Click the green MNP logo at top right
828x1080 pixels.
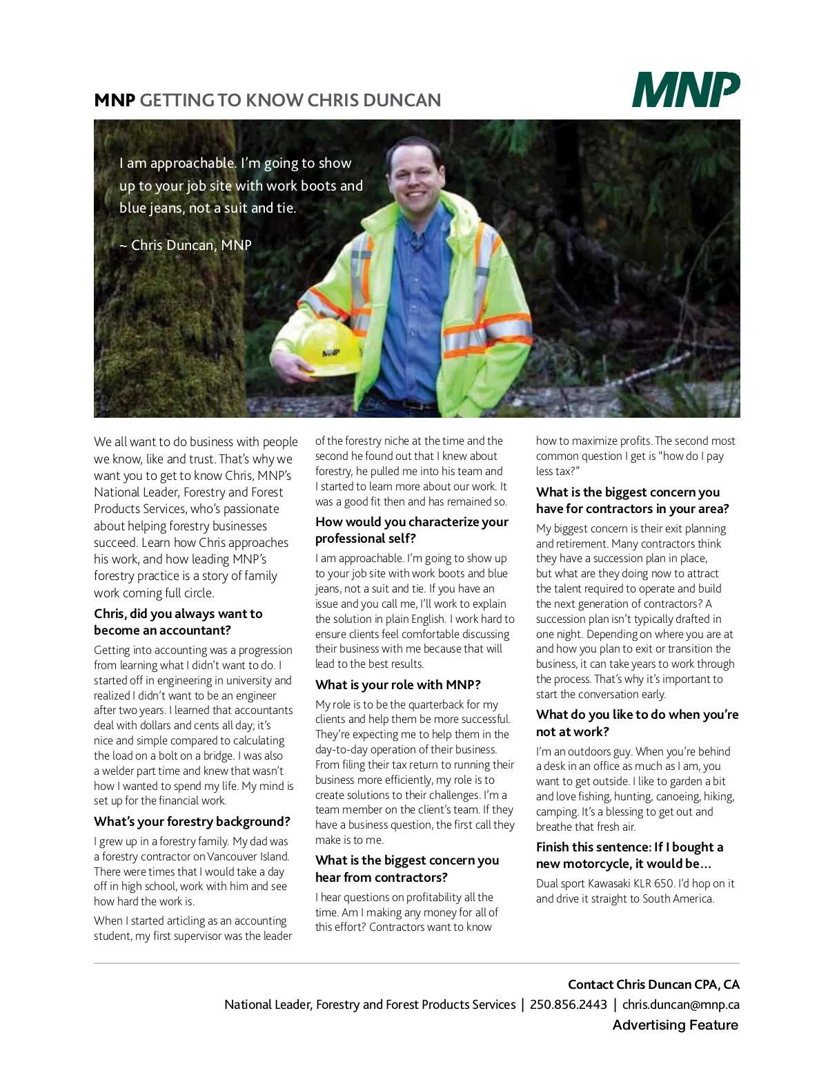686,90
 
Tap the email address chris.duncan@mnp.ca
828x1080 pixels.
680,1005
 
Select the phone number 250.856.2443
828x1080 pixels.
569,1005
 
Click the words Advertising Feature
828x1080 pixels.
675,1025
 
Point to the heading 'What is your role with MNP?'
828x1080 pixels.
398,685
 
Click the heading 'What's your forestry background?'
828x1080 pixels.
192,822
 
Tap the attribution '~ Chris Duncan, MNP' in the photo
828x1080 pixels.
185,245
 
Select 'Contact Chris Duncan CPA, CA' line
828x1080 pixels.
653,985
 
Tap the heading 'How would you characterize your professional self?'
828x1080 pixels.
411,530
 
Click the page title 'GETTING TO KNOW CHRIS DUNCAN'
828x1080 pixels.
290,101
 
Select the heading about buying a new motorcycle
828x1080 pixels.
629,856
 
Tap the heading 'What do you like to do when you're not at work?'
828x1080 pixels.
637,723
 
